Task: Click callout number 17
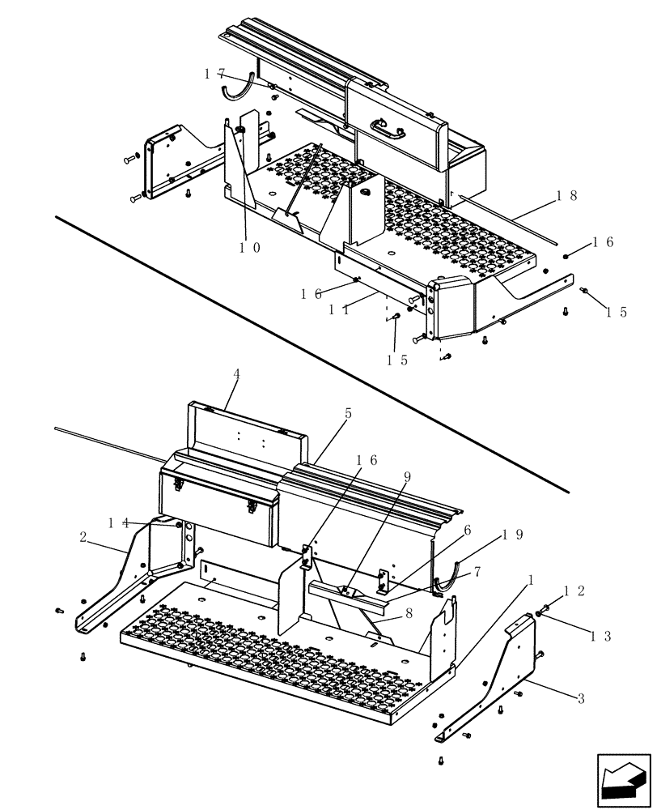214,74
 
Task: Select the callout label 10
250,249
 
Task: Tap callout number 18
567,196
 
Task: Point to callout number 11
339,309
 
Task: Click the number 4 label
236,374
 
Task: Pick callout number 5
348,413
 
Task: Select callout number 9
408,476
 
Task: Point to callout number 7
477,572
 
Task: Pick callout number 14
118,522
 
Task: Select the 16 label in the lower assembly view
366,460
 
